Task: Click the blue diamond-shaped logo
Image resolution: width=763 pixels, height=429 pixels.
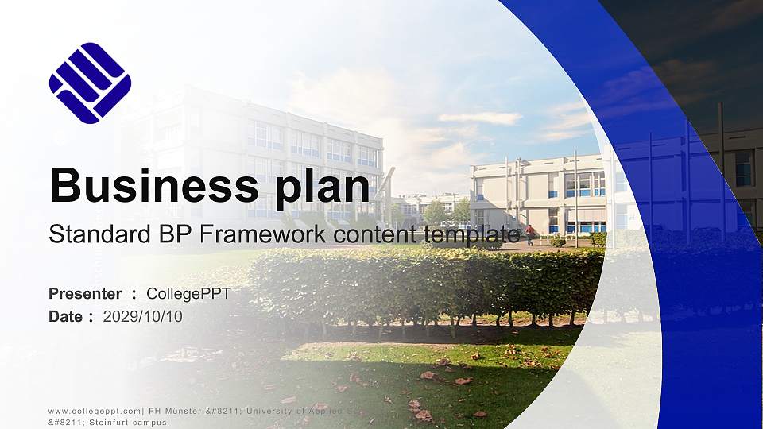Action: point(90,83)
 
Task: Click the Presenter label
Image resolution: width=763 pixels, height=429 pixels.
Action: point(85,294)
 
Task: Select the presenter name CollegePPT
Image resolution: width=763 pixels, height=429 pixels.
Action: point(188,294)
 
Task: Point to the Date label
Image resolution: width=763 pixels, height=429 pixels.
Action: point(65,316)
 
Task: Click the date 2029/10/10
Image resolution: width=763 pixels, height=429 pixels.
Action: point(143,316)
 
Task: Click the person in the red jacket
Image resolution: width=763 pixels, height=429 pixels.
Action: point(529,234)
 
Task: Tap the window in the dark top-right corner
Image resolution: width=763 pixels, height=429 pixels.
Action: point(743,168)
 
